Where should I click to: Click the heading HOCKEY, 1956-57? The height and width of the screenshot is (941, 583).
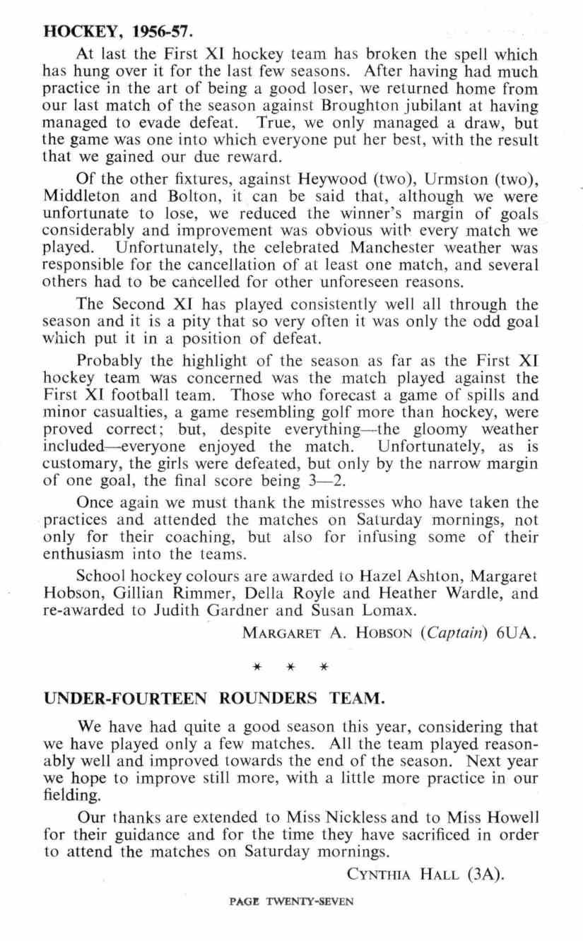click(118, 32)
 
